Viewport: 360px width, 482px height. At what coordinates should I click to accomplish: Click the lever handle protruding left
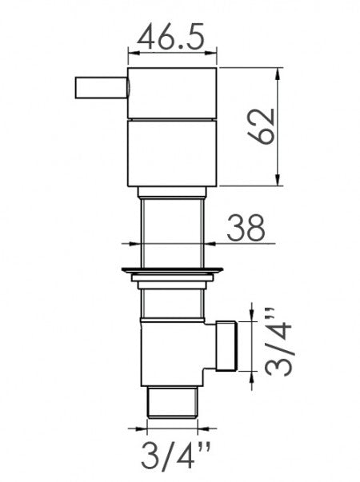[101, 88]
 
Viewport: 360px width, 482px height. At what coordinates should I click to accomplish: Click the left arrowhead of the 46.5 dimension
[132, 54]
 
